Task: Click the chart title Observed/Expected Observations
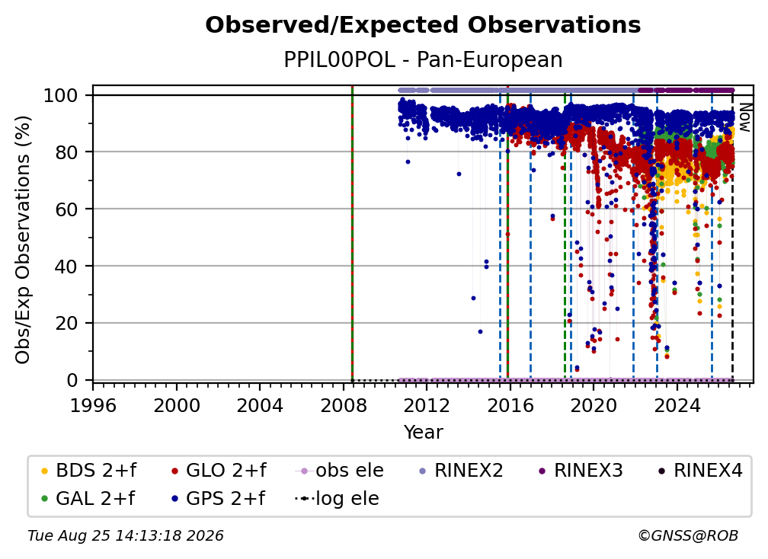click(423, 25)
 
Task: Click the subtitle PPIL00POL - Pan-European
click(423, 59)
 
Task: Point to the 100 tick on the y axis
click(61, 95)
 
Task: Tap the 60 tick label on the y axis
click(66, 209)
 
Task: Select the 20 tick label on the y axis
click(66, 324)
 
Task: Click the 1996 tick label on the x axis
click(93, 406)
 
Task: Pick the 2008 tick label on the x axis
click(344, 406)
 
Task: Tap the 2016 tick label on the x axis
click(510, 406)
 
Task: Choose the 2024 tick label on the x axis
click(677, 406)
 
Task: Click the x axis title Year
click(423, 433)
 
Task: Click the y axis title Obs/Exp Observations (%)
click(23, 240)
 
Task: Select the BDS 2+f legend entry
click(88, 471)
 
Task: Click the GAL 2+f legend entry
click(88, 498)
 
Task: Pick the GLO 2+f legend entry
click(219, 471)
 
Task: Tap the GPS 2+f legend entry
click(218, 498)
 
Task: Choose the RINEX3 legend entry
click(581, 471)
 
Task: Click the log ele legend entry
click(337, 498)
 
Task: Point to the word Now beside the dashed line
click(744, 117)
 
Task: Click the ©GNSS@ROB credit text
click(688, 536)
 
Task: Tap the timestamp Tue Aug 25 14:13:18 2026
click(126, 536)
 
